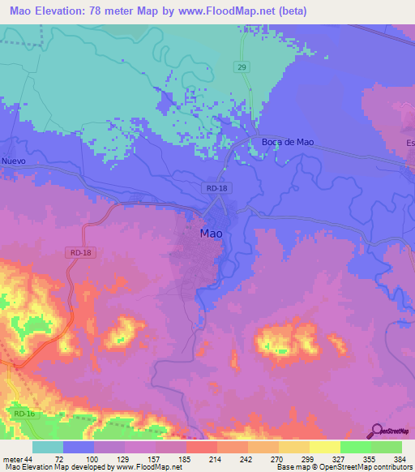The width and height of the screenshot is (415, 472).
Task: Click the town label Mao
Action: click(x=211, y=234)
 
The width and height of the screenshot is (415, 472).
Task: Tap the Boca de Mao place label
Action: click(x=287, y=142)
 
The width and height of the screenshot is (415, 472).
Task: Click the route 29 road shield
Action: click(x=242, y=67)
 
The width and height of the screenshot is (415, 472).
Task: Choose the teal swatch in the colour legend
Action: click(x=48, y=447)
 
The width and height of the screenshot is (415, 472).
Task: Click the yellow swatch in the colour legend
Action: click(x=324, y=447)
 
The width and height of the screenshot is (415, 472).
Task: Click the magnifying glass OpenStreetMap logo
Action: click(x=375, y=431)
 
